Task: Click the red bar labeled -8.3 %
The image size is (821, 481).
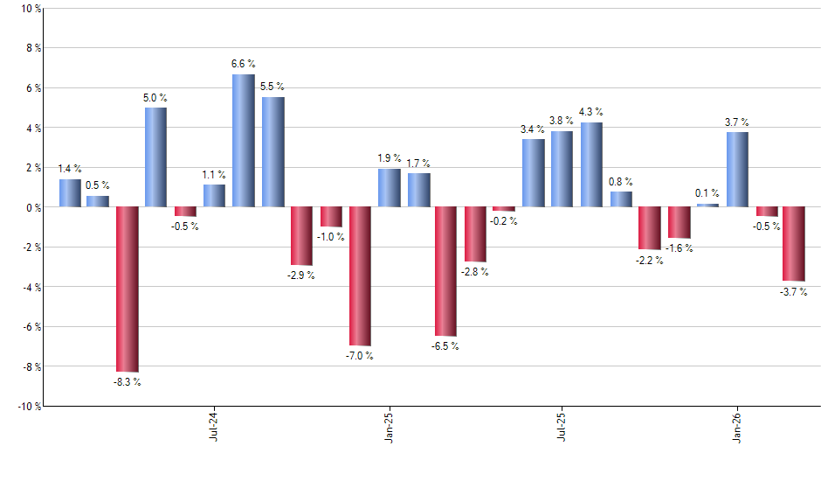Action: tap(127, 289)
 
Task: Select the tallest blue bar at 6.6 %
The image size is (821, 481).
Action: tap(243, 141)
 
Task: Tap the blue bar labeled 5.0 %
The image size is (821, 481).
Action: tap(155, 157)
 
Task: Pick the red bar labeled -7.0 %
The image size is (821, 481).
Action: tap(360, 276)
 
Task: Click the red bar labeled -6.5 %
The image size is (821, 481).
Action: tap(445, 271)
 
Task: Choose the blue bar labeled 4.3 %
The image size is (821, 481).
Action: tap(591, 164)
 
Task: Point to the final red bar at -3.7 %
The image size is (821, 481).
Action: tap(793, 244)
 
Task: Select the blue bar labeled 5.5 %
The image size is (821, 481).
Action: tap(273, 152)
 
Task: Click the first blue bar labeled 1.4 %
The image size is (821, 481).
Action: tap(70, 193)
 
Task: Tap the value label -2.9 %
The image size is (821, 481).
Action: tap(301, 275)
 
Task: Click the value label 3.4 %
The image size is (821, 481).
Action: tap(533, 129)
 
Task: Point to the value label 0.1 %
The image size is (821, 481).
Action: tap(707, 193)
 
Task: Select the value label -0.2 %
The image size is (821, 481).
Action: tap(504, 221)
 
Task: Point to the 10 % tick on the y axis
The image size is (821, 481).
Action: tap(30, 9)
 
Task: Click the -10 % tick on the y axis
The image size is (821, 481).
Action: tap(28, 406)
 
